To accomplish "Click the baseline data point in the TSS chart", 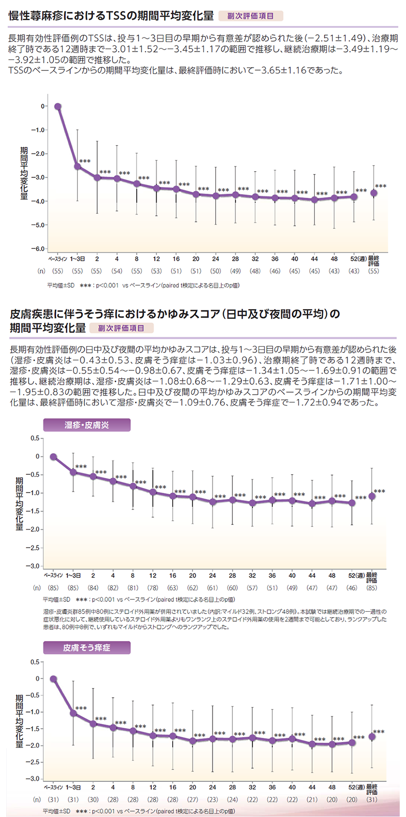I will click(58, 106).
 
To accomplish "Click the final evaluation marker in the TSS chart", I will click(374, 193).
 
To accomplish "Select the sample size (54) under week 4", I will click(116, 271).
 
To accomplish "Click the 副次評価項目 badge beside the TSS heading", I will click(250, 16).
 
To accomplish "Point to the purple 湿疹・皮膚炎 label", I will click(87, 425).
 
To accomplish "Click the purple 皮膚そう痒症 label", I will click(87, 647).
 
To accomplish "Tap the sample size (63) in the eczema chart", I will click(172, 588).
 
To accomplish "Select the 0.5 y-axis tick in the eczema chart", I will click(34, 438).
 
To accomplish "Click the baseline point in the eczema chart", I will click(54, 456).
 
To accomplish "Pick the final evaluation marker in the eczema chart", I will click(372, 496).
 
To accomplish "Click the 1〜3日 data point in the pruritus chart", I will click(73, 713).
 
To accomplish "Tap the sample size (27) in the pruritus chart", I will click(192, 800).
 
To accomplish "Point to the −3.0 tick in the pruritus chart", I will click(34, 779).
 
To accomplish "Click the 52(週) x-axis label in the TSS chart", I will click(357, 259).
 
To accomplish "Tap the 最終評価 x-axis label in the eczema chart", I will click(372, 578).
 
